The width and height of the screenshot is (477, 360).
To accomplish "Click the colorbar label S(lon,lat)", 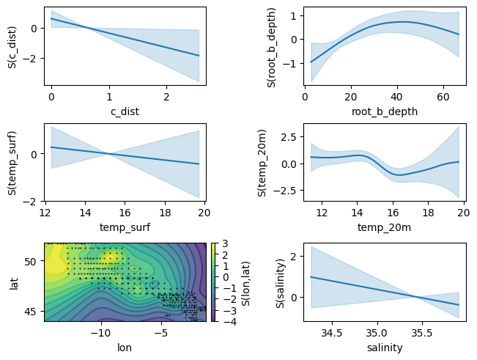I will [x=244, y=282].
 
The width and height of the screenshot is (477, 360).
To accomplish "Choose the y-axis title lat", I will [x=12, y=282].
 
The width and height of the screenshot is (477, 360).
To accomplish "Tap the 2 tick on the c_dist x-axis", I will [x=167, y=96].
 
